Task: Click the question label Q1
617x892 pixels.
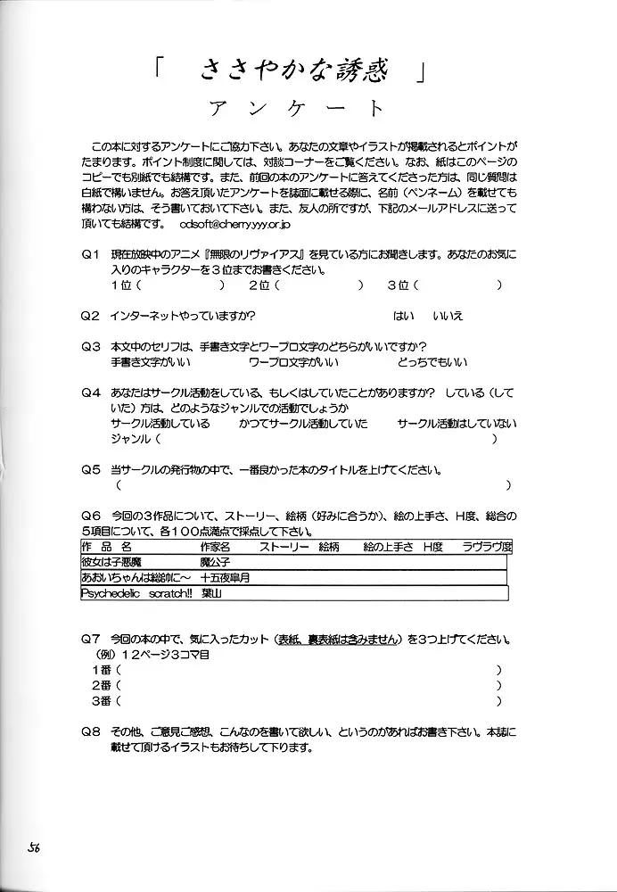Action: (x=90, y=255)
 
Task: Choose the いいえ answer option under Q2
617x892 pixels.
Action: (x=448, y=316)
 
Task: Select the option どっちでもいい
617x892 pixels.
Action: (x=432, y=362)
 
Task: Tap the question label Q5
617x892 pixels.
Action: (x=90, y=469)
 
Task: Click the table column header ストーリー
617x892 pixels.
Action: (x=284, y=546)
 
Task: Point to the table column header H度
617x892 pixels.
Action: (x=432, y=546)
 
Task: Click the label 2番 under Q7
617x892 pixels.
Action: (x=101, y=685)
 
